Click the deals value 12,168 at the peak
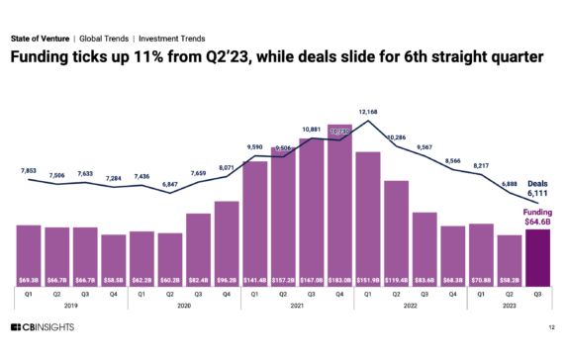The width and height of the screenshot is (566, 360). click(368, 112)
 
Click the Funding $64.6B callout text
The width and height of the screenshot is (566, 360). click(536, 217)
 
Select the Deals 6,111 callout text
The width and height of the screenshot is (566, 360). click(536, 188)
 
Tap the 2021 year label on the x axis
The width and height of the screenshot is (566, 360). click(297, 307)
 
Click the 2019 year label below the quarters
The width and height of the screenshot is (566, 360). click(69, 307)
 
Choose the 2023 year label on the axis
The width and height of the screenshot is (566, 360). click(509, 307)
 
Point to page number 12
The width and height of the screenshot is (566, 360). click(550, 329)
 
